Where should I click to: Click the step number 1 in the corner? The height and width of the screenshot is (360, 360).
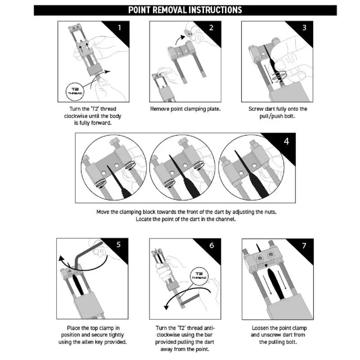click(x=119, y=28)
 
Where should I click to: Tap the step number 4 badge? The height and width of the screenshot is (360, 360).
click(x=286, y=141)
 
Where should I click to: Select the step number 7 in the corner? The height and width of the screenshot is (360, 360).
click(x=304, y=246)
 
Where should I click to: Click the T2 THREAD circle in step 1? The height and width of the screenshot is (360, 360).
click(x=74, y=91)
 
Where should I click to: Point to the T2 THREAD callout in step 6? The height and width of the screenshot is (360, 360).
click(x=199, y=275)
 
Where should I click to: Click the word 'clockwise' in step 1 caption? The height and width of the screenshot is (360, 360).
click(x=76, y=116)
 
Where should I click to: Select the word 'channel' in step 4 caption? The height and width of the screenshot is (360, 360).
click(x=225, y=219)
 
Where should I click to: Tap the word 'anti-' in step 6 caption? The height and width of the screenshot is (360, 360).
click(x=209, y=328)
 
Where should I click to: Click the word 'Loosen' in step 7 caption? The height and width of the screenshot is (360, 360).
click(x=261, y=328)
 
